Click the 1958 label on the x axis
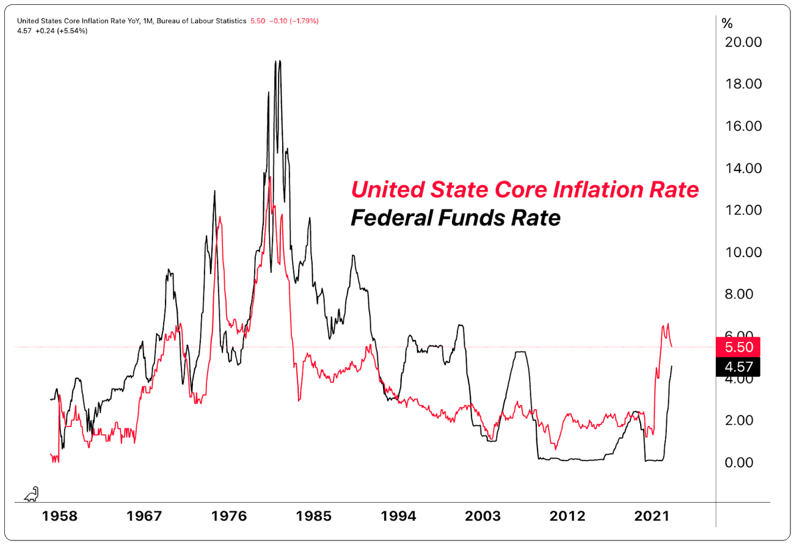tap(60, 517)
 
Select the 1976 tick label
tap(229, 517)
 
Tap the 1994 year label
tap(398, 517)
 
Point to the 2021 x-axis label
tap(650, 517)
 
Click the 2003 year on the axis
tap(482, 517)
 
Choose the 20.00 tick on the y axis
tap(743, 42)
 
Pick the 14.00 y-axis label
tap(743, 168)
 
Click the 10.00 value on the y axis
tap(743, 252)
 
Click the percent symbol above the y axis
tap(727, 24)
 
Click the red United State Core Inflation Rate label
tap(525, 190)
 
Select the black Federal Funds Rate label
tap(456, 218)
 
